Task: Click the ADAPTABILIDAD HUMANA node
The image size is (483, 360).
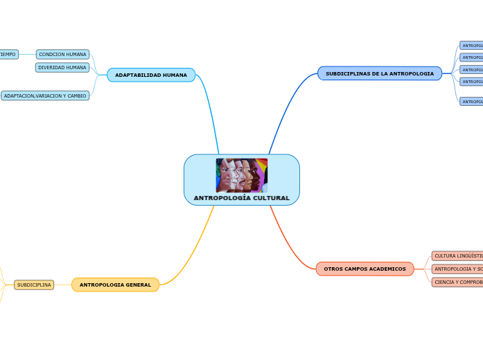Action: point(151,75)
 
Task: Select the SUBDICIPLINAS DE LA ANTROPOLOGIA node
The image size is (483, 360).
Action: point(380,73)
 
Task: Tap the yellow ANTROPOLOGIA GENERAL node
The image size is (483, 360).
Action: point(115,285)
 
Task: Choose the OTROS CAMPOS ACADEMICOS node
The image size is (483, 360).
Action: point(365,269)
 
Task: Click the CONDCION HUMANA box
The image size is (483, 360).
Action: point(62,54)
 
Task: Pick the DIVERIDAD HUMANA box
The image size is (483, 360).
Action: point(62,68)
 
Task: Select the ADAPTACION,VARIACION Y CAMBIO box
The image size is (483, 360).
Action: point(45,96)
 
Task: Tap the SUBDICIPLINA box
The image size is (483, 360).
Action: point(34,285)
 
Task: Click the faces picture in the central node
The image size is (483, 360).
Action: point(241,175)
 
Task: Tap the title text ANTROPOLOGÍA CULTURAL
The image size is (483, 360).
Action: point(241,198)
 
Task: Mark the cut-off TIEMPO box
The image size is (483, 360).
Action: point(8,54)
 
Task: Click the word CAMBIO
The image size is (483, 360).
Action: point(77,96)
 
